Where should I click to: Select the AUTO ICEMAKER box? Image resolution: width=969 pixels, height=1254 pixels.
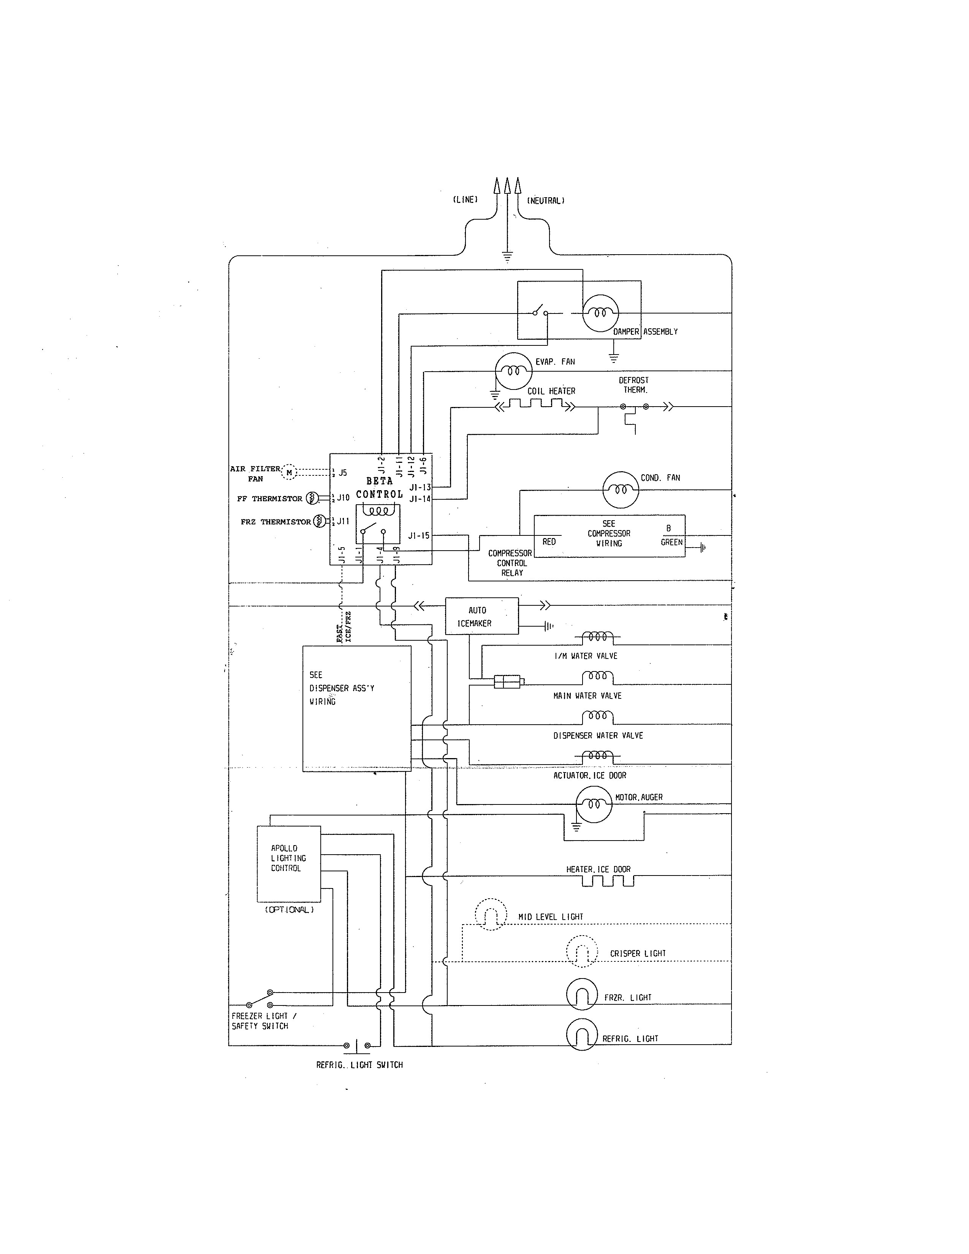click(481, 616)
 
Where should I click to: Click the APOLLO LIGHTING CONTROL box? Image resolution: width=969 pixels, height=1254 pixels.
click(288, 864)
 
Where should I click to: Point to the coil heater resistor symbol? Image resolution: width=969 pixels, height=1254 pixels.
click(535, 406)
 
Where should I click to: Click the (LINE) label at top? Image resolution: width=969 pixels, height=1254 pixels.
click(465, 200)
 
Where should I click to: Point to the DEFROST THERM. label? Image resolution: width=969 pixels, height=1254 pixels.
click(634, 385)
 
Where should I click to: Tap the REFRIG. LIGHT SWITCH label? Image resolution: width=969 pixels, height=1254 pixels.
click(359, 1064)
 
